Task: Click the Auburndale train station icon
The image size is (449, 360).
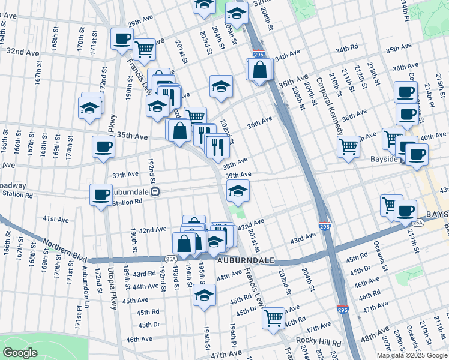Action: click(x=155, y=192)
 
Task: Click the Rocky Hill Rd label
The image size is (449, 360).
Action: click(x=318, y=343)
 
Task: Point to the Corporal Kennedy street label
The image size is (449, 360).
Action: click(x=328, y=105)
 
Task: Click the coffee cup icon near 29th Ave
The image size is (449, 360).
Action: click(x=122, y=39)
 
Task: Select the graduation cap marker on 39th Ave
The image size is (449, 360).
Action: click(x=238, y=191)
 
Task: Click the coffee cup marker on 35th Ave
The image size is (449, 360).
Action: click(x=103, y=147)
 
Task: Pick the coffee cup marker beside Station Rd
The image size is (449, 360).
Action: click(x=101, y=194)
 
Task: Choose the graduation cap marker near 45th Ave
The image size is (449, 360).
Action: click(x=204, y=295)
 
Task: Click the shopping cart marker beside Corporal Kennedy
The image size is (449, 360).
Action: click(x=348, y=146)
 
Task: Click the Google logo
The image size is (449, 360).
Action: click(x=20, y=353)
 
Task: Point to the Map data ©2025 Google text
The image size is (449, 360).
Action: click(x=412, y=355)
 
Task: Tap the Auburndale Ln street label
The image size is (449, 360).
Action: click(x=86, y=283)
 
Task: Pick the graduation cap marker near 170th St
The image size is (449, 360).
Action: click(x=90, y=108)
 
